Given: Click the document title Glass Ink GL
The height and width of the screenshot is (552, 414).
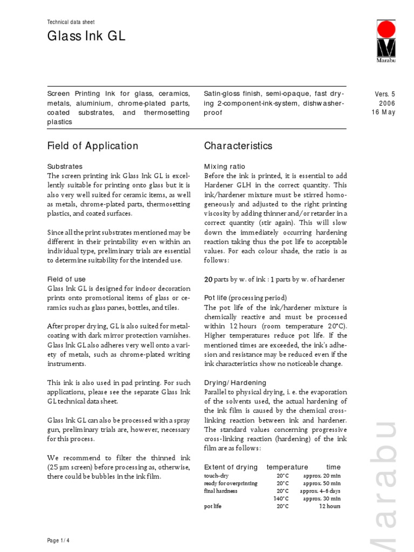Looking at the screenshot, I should (86, 37).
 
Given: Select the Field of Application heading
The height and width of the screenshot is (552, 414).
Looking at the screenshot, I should (93, 146).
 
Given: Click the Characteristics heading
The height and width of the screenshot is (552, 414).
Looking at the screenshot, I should (238, 146).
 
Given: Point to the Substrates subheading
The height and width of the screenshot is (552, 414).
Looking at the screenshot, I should (65, 167).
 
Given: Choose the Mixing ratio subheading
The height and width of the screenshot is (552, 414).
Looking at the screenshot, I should (225, 167).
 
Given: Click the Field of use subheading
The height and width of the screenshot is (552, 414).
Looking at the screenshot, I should (66, 279).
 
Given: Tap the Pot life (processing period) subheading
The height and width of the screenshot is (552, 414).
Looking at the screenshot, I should (245, 298).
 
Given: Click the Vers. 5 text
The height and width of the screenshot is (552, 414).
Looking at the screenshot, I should (385, 94).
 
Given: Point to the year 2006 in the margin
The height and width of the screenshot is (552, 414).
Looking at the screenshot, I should (387, 103).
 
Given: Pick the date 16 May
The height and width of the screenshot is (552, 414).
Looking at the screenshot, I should (383, 112).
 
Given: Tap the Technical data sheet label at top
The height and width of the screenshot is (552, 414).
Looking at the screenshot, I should (71, 22).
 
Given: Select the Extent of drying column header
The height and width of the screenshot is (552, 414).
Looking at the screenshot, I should (231, 467).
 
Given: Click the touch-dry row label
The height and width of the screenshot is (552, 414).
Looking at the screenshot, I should (216, 476).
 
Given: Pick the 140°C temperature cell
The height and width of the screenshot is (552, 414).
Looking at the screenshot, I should (281, 499).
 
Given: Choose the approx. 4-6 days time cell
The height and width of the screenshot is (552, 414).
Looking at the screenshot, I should (320, 491).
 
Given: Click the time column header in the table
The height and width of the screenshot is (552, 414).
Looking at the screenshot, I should (333, 467).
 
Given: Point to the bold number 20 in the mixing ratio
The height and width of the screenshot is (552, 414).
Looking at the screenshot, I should (208, 279).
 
